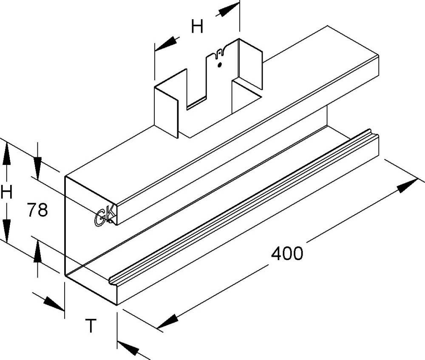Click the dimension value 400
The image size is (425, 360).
287,254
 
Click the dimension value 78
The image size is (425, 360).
37,210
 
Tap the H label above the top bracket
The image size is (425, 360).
196,27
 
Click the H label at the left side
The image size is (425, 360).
6,194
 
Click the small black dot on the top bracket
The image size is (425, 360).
219,65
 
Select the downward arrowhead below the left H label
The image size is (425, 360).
6,228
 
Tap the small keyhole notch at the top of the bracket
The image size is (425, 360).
219,53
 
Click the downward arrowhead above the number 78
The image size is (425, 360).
37,162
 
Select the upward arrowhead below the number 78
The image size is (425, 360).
37,253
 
